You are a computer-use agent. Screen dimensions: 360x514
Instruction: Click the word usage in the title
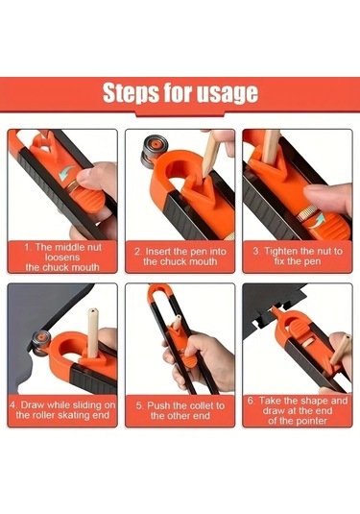click(228, 93)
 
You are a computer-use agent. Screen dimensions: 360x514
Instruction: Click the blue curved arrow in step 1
click(66, 173)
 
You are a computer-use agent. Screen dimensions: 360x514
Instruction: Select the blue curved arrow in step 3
click(318, 220)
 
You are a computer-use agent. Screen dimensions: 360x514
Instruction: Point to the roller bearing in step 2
click(155, 151)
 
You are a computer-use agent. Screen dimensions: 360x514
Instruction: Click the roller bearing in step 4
click(41, 343)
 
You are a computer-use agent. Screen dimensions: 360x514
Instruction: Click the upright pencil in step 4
click(93, 332)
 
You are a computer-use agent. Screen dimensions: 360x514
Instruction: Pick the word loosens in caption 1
click(62, 257)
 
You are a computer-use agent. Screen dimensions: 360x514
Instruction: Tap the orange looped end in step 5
click(159, 294)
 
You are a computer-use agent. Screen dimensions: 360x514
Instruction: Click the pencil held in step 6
click(341, 349)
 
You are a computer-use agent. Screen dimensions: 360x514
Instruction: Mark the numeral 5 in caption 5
click(139, 405)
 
